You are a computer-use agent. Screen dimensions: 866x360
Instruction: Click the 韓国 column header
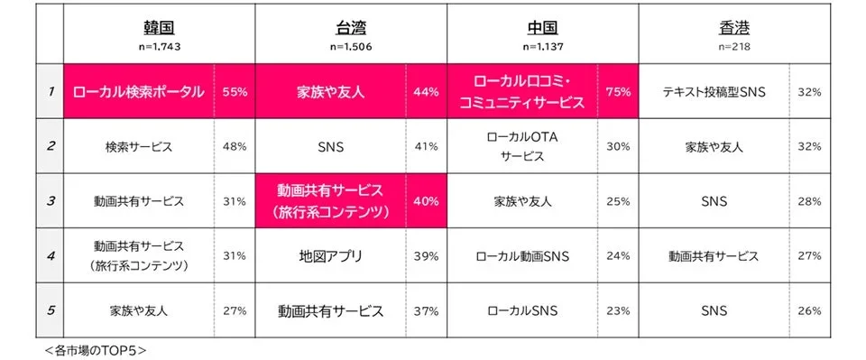[x=159, y=27]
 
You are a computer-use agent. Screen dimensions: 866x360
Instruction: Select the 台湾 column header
[x=351, y=27]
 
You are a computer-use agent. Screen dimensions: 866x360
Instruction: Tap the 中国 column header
[x=542, y=27]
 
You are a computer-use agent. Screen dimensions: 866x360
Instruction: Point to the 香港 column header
[x=734, y=27]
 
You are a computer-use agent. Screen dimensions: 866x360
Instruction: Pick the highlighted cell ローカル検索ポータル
[x=139, y=92]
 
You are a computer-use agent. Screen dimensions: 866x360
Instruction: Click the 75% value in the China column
[x=618, y=92]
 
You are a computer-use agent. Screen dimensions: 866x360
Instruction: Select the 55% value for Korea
[x=235, y=92]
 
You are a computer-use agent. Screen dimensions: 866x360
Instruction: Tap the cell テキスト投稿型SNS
[x=714, y=92]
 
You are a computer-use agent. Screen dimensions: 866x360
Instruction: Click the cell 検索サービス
[x=139, y=147]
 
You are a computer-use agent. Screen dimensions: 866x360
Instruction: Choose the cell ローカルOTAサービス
[x=522, y=146]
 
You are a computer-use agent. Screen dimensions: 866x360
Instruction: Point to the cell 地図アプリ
[x=330, y=256]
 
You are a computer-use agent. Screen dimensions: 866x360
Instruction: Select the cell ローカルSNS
[x=522, y=311]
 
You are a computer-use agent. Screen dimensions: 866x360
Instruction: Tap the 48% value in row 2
[x=235, y=147]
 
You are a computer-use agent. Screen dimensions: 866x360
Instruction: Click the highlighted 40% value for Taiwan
[x=426, y=201]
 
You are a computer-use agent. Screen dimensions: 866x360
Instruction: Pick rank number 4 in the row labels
[x=50, y=255]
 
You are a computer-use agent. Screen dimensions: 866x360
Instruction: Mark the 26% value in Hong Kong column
[x=809, y=311]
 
